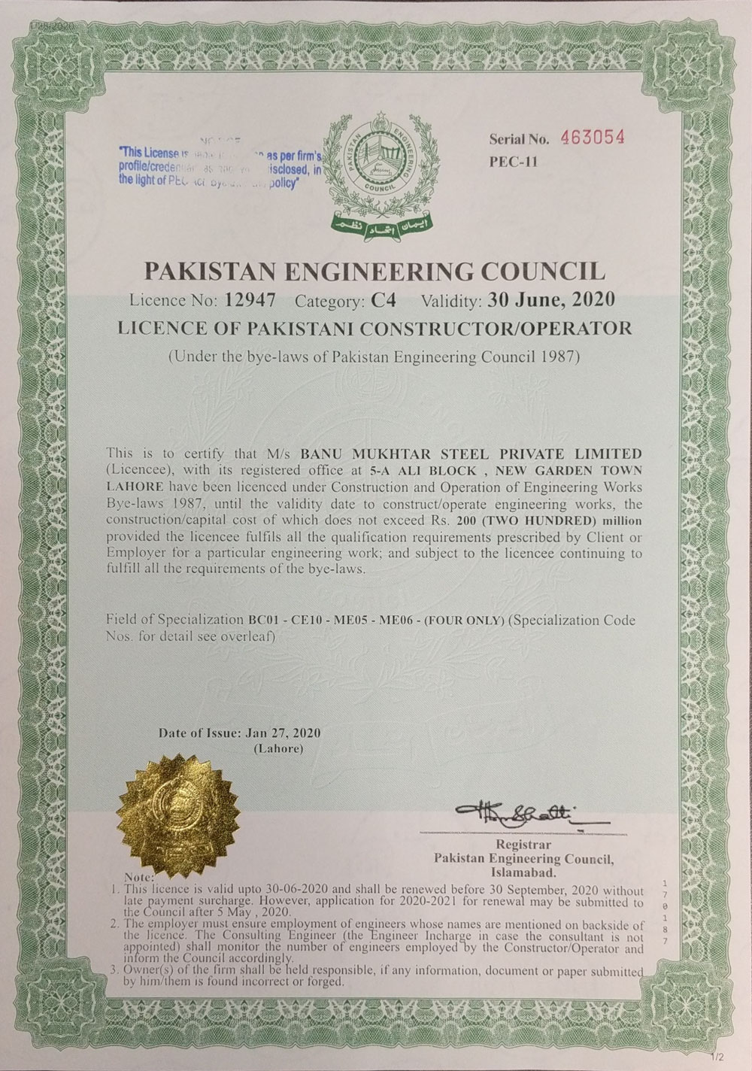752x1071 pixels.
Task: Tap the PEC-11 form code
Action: tap(514, 160)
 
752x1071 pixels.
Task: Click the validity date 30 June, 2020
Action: tap(551, 300)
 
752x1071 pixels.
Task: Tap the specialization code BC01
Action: tap(265, 620)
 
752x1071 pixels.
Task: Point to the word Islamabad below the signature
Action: tap(523, 872)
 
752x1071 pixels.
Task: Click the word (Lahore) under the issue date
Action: tap(278, 748)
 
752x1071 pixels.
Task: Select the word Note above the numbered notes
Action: tap(140, 877)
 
